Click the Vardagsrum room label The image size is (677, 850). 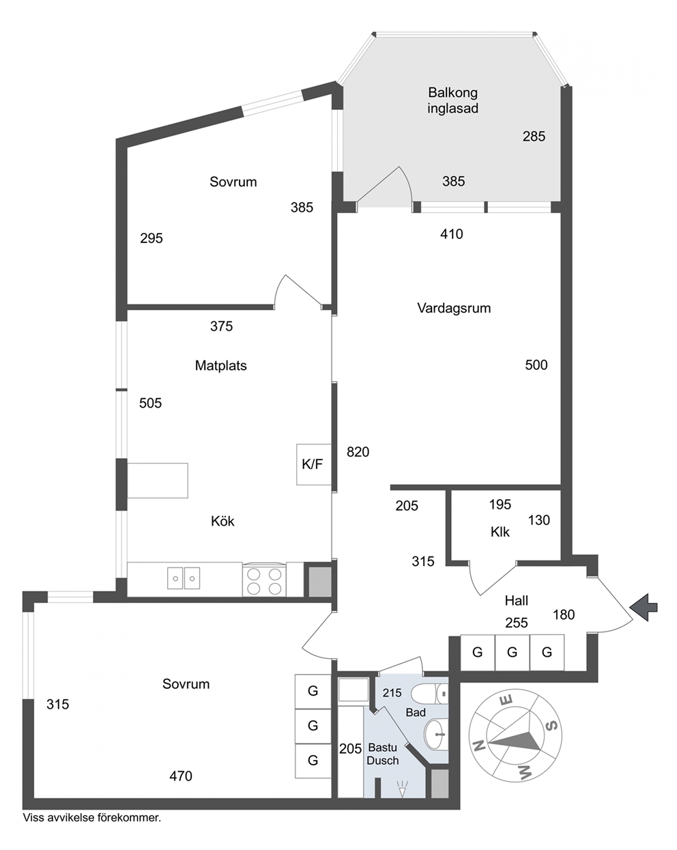[454, 308]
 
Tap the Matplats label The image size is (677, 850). [221, 365]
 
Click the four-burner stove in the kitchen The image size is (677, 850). [264, 580]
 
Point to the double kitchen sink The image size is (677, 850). [184, 578]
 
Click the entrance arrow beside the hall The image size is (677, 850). [644, 607]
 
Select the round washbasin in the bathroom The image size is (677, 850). [437, 735]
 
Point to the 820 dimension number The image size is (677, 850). [358, 452]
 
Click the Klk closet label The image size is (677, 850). [500, 532]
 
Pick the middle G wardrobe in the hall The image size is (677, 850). [513, 653]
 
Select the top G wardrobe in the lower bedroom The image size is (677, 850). [313, 691]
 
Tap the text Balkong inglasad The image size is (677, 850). [453, 100]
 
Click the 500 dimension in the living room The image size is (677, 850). [536, 365]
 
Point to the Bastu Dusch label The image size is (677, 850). [383, 754]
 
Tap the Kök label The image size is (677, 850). [222, 521]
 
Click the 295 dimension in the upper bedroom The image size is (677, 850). [152, 238]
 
